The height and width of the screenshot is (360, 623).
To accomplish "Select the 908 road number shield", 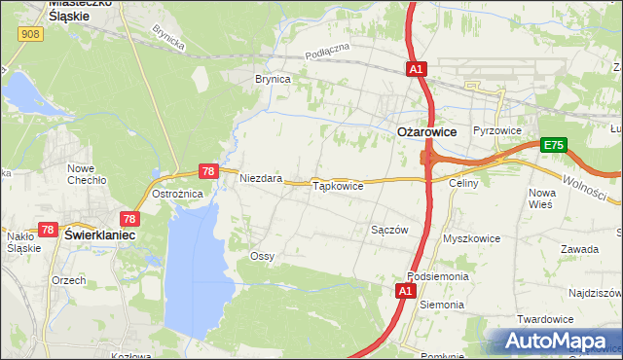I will coord(28,34).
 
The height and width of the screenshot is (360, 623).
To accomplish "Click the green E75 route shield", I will coord(554,145).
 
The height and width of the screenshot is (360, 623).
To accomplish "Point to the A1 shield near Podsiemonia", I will coord(406,290).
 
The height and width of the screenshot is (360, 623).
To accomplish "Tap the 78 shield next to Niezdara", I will coord(207,171).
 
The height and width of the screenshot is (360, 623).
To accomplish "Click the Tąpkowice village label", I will coord(337,186).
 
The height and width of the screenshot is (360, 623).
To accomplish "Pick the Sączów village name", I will coord(388,230).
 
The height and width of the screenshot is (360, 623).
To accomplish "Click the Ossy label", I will coord(262,256).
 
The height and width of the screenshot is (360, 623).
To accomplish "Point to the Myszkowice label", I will coord(471,238).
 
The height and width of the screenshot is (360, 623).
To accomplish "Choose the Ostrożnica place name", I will coord(177,194).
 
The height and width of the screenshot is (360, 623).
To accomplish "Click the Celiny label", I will coord(461,183).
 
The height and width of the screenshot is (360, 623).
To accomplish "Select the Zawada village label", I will coord(579,249).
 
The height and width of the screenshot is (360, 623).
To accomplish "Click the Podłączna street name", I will coord(326,51).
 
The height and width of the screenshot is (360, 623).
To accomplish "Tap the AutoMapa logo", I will coord(555,341).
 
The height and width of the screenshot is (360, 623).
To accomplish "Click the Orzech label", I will coord(69,280).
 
